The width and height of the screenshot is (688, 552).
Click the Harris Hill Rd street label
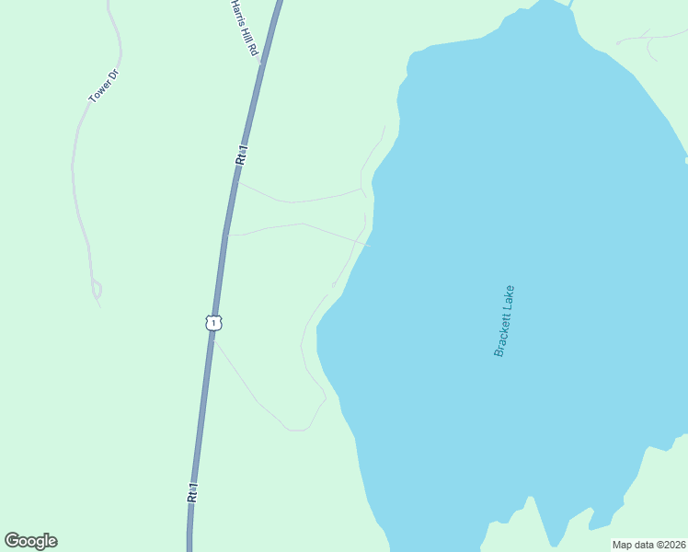coord(243,28)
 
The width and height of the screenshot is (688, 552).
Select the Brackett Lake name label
coord(505,320)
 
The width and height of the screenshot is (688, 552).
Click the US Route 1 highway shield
coord(213,323)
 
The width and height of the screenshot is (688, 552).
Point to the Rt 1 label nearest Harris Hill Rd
coord(241,154)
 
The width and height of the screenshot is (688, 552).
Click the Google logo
coord(31,541)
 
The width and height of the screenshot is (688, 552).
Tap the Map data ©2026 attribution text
coord(649,545)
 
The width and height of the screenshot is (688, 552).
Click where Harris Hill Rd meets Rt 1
coord(261,62)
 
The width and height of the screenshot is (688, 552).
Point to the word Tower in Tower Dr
coord(99,91)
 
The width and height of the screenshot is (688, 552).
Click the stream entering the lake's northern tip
coord(570,4)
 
